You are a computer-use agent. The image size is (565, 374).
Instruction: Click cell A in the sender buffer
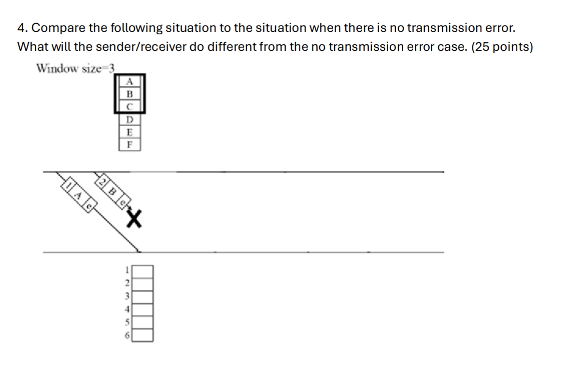tap(129, 81)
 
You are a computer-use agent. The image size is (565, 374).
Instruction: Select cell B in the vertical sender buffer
tap(129, 93)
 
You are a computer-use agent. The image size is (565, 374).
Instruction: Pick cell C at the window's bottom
tap(129, 106)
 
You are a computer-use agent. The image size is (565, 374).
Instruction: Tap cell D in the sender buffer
tap(129, 119)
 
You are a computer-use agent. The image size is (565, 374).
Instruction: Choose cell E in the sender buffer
tap(129, 132)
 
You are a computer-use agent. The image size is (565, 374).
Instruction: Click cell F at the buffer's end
tap(129, 144)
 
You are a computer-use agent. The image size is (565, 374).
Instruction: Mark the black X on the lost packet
tap(135, 220)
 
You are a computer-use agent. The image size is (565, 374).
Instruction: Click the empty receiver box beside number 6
tap(143, 335)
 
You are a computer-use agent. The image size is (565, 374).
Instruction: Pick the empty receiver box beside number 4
tap(143, 309)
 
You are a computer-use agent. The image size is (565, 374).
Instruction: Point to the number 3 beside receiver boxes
tap(127, 296)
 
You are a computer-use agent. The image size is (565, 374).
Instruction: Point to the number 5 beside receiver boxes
tap(127, 322)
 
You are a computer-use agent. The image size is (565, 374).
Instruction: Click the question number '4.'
tap(22, 28)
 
